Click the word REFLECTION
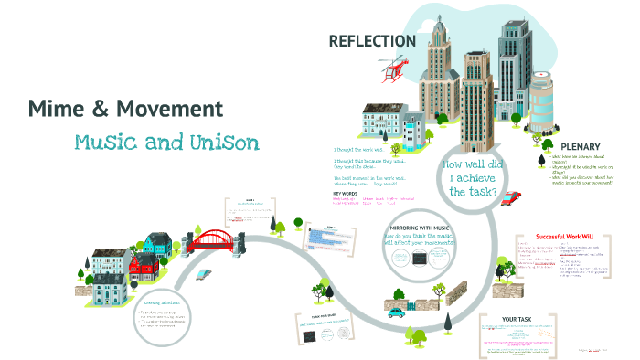coord(372,41)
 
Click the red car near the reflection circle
coord(512,196)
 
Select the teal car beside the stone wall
coord(396,312)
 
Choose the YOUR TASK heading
coord(516,320)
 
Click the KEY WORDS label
coord(346,193)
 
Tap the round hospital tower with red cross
coord(541,99)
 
